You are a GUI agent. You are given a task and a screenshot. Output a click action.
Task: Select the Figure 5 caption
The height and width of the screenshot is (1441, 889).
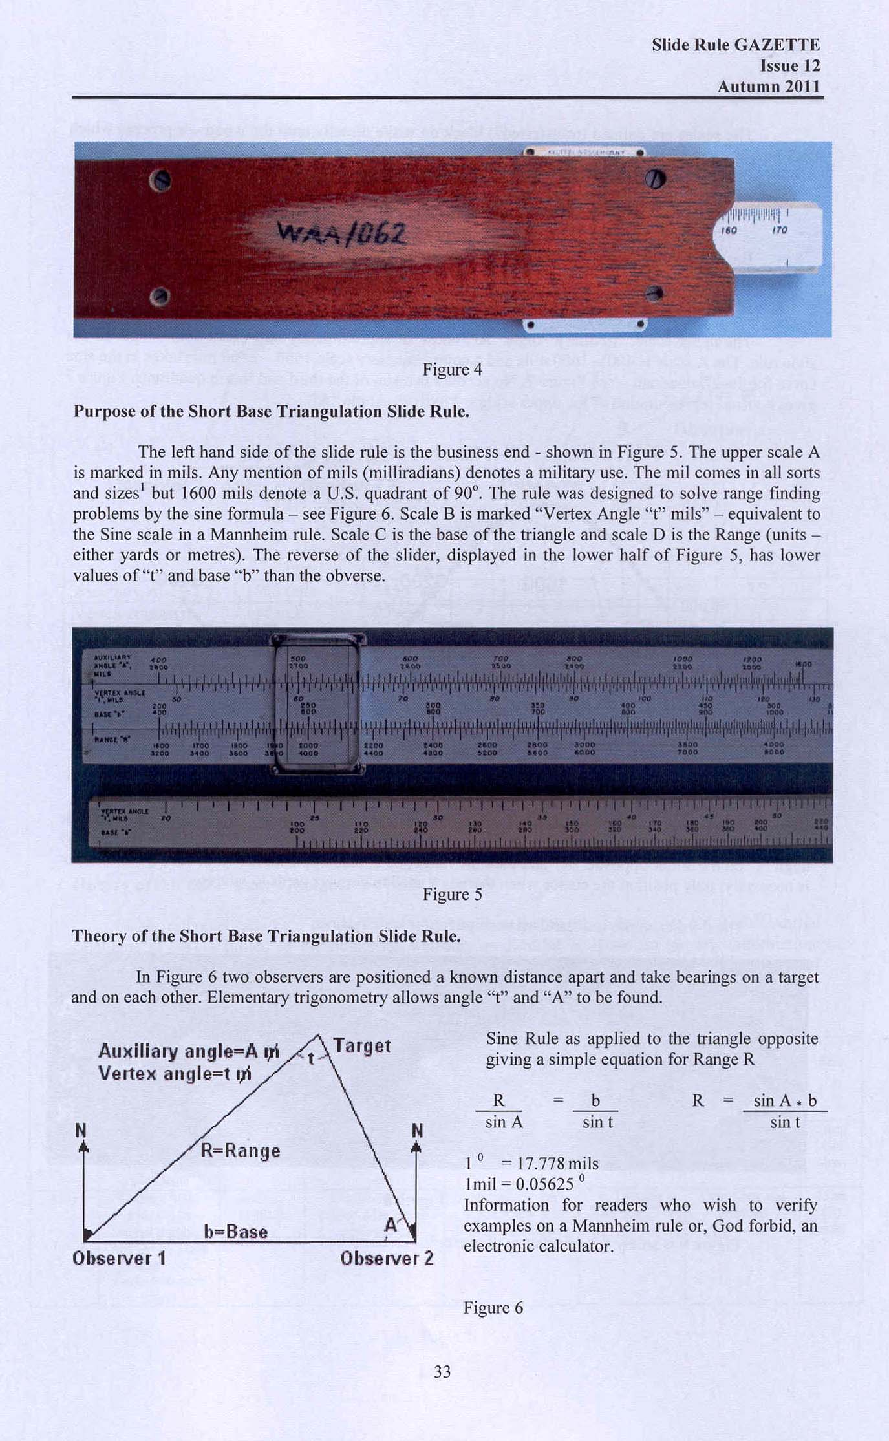coord(452,894)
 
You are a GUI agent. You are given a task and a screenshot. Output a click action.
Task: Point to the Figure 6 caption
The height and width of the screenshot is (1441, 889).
coord(493,1308)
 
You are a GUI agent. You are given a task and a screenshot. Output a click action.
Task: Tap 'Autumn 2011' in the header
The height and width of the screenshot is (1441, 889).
coord(768,87)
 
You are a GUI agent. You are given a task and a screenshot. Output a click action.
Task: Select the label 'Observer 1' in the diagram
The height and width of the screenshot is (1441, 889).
coord(119,1257)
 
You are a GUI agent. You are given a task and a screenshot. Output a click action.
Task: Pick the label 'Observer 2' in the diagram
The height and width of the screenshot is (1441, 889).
coord(387,1257)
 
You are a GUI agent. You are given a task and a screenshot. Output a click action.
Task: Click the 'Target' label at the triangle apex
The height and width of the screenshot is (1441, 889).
coord(362,1045)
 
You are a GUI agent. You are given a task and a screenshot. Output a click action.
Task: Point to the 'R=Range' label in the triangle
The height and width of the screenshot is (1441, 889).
coord(240,1150)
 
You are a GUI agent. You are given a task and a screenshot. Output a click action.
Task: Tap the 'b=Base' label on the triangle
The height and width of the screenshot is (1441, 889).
coord(235,1231)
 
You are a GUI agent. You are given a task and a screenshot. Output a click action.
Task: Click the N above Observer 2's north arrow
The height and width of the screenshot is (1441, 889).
coord(417,1130)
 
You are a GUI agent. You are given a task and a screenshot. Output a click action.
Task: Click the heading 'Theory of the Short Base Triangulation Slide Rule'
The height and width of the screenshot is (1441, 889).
coord(266,936)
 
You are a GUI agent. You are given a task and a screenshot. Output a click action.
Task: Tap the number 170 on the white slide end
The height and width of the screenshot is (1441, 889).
coord(780,230)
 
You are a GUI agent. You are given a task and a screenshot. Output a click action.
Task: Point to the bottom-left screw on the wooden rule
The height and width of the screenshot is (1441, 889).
coord(159,297)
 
